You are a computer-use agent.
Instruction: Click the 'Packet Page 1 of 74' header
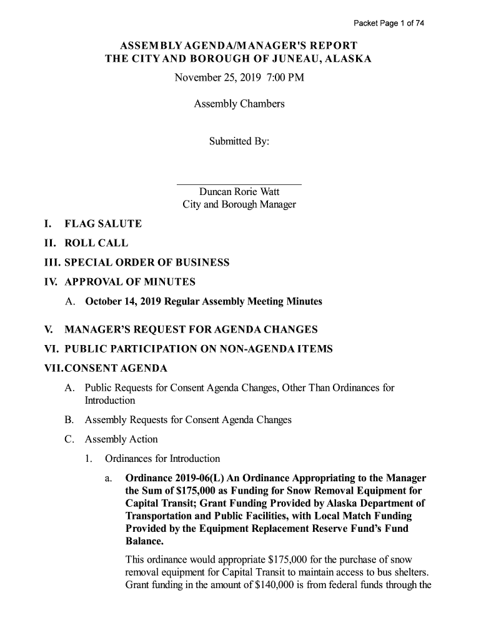[x=389, y=24]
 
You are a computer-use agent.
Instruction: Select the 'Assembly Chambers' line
[x=239, y=104]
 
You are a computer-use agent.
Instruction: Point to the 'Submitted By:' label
[x=239, y=142]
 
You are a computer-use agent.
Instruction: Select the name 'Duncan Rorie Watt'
[x=239, y=192]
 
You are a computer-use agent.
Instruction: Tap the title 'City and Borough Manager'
[x=239, y=205]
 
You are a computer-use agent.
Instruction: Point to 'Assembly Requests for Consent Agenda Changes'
[x=188, y=420]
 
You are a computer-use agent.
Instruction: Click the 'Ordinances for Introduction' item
[x=162, y=459]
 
